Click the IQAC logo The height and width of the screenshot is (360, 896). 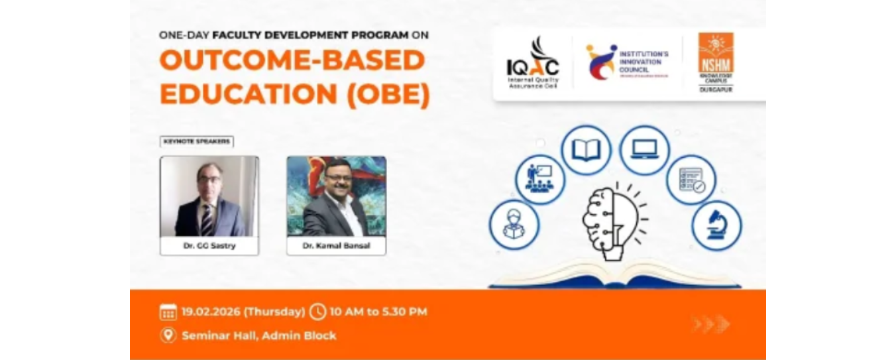click(x=533, y=64)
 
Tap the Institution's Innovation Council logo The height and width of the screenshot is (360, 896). click(x=626, y=62)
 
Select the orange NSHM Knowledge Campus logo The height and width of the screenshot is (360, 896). click(x=715, y=62)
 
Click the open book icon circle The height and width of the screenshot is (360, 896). click(x=586, y=150)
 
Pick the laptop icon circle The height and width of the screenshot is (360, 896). click(x=644, y=150)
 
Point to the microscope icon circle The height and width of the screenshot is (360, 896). click(x=716, y=225)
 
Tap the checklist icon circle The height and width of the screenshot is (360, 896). click(x=691, y=180)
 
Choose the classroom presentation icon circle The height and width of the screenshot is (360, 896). click(x=540, y=179)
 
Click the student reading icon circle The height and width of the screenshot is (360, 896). click(x=514, y=225)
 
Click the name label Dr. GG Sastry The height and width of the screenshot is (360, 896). click(x=209, y=246)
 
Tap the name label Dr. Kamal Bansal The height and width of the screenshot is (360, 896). click(x=336, y=246)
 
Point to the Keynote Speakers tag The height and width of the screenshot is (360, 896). click(x=197, y=141)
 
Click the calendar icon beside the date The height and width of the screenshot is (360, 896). click(x=168, y=312)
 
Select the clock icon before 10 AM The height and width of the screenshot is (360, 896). click(x=318, y=312)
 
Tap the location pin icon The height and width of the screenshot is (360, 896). click(x=168, y=335)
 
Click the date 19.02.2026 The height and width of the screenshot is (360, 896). click(x=211, y=312)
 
